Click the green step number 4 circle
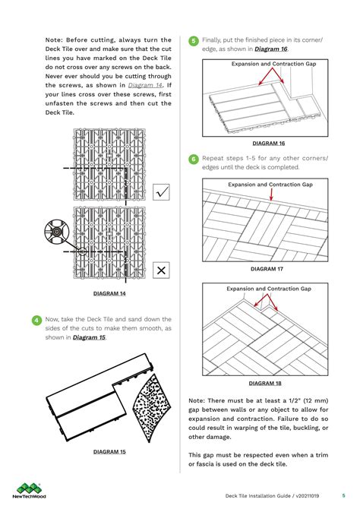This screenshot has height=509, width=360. tap(36, 321)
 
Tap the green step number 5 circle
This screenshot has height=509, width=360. tap(194, 41)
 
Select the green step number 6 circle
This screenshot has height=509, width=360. tap(194, 160)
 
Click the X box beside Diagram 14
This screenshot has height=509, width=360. tap(161, 270)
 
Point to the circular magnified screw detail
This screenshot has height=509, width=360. tap(55, 230)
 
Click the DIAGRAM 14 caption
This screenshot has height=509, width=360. tap(109, 293)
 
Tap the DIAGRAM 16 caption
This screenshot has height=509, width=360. tap(268, 144)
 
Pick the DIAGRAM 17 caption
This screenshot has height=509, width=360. tap(267, 269)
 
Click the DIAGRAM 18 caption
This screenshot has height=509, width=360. tap(265, 383)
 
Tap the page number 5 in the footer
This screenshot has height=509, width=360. tap(343, 495)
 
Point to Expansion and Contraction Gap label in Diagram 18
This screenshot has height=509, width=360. tap(268, 289)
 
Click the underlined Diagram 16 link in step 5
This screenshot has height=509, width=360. tap(271, 49)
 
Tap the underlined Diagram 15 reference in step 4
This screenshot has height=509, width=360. tap(89, 337)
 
